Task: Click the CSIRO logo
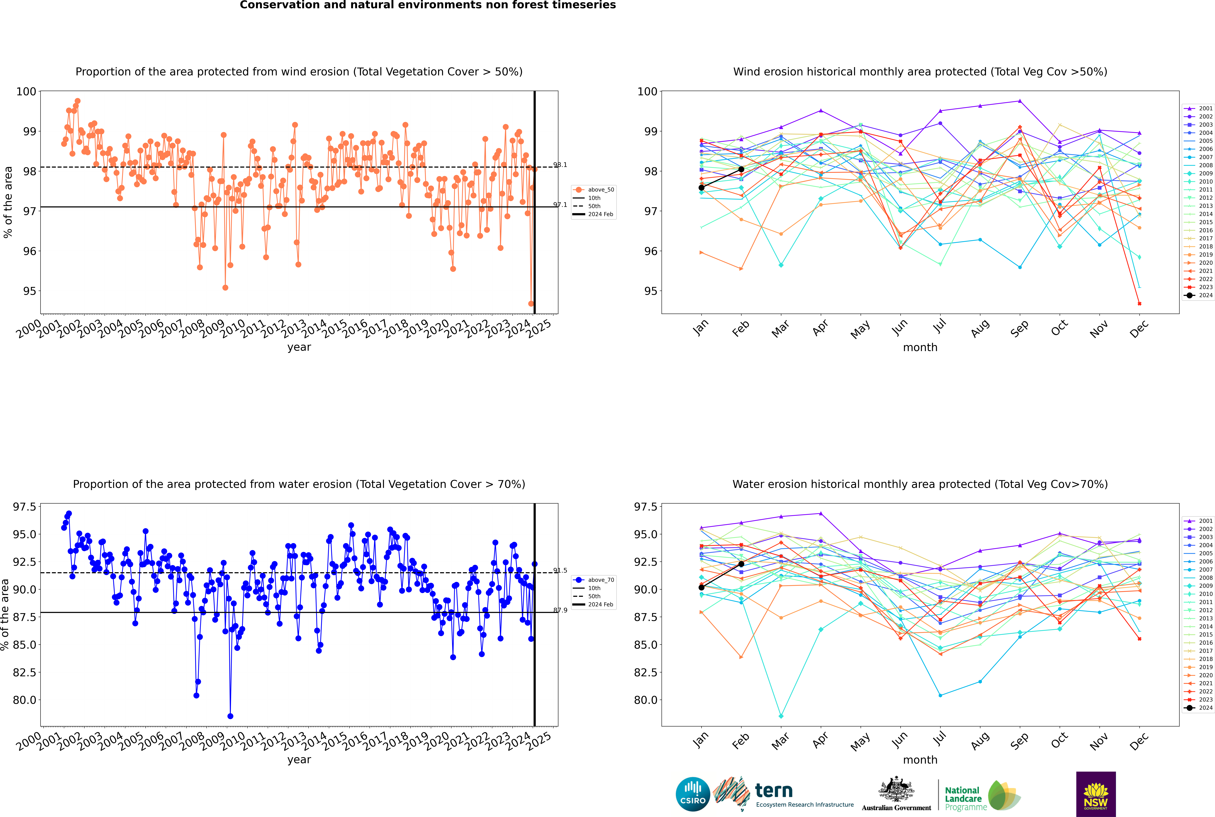tap(693, 794)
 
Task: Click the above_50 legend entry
tap(594, 190)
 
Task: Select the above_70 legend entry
tap(594, 580)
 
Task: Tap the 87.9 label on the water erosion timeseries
tap(560, 610)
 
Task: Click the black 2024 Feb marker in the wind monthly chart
tap(741, 169)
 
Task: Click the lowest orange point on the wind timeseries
tap(531, 304)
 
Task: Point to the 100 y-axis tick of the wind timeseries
tap(26, 92)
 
